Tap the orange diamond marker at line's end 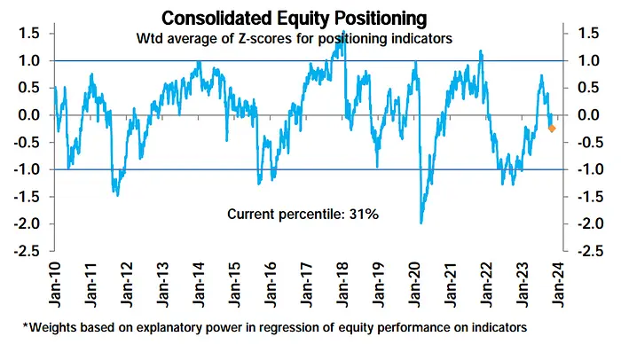pyautogui.click(x=552, y=129)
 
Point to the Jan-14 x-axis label pyautogui.click(x=197, y=281)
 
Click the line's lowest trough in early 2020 pyautogui.click(x=421, y=223)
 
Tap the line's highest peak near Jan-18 pyautogui.click(x=343, y=33)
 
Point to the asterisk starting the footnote pyautogui.click(x=26, y=325)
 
